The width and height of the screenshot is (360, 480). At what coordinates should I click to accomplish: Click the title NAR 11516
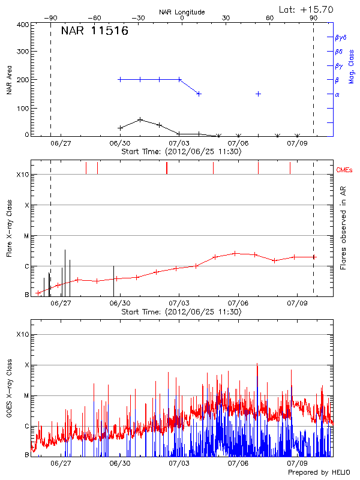point(95,31)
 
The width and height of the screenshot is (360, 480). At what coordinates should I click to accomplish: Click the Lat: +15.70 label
point(307,9)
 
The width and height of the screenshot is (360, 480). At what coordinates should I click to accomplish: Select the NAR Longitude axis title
point(182,11)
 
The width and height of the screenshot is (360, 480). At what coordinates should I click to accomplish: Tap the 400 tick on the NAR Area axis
point(22,25)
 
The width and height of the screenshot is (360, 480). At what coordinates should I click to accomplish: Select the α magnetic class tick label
point(337,94)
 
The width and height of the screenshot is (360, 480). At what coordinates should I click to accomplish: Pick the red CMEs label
point(344,170)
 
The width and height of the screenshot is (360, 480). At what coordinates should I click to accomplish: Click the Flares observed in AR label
point(343,229)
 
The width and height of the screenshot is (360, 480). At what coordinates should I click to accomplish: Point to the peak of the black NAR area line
point(140,119)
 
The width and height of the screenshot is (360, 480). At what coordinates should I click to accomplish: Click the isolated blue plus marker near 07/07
point(258,94)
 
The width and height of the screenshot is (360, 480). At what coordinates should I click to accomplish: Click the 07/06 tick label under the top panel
point(238,144)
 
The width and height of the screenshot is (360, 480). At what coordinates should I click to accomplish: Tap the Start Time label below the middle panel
point(181,312)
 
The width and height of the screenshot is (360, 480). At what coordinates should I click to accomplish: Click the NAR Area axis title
point(9,79)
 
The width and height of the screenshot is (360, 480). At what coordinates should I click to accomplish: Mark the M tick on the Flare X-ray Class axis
point(26,236)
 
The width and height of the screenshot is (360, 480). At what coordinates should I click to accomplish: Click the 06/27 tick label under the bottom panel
point(61,464)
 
